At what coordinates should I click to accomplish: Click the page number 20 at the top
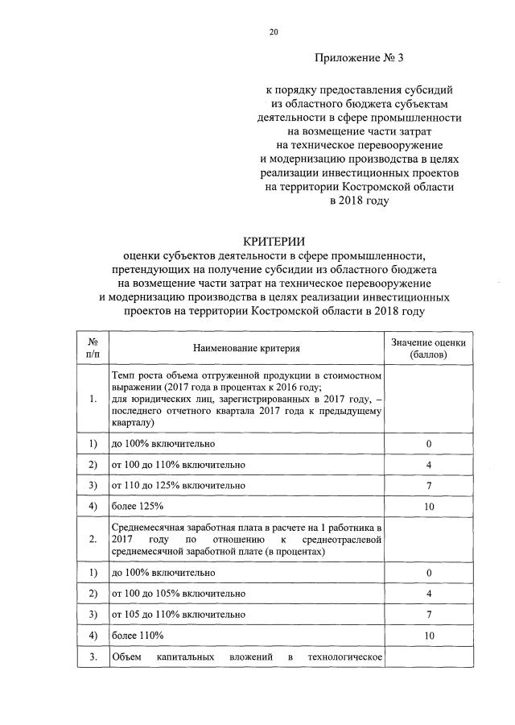click(274, 32)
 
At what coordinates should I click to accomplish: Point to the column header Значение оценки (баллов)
click(428, 348)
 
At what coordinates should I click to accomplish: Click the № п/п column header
click(93, 348)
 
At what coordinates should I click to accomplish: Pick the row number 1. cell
click(93, 398)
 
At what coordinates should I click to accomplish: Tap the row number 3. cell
click(93, 658)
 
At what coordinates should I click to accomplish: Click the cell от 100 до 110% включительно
click(178, 465)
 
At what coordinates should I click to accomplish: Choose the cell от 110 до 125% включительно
click(178, 486)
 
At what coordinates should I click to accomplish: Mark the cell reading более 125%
click(138, 506)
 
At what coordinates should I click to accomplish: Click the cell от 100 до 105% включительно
click(178, 594)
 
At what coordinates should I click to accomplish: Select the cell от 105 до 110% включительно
click(178, 615)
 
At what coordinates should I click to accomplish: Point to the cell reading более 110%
click(138, 636)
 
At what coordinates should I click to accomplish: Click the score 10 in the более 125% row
click(428, 506)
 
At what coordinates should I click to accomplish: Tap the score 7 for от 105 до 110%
click(428, 615)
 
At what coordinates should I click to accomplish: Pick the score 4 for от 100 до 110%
click(428, 465)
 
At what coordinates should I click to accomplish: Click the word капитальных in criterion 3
click(186, 658)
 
